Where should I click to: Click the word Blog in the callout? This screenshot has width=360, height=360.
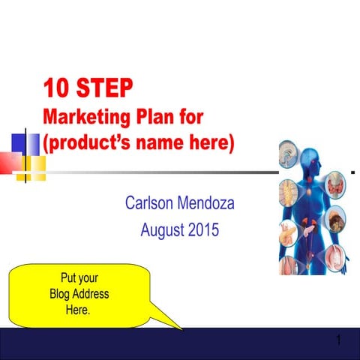(61, 293)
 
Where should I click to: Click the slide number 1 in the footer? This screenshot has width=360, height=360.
(339, 343)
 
